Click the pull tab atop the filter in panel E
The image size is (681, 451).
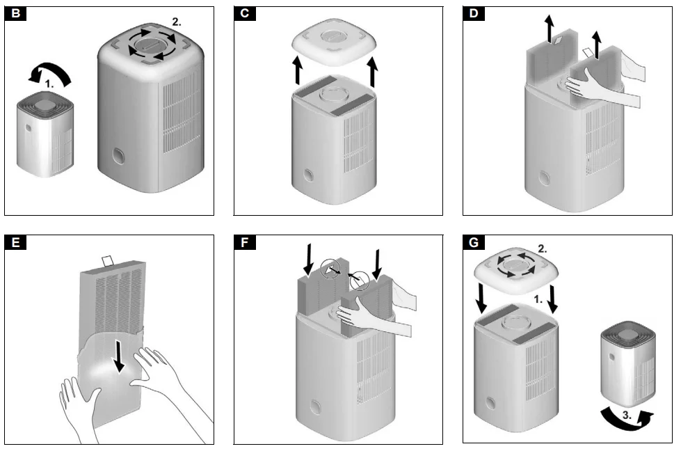pyautogui.click(x=110, y=262)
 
